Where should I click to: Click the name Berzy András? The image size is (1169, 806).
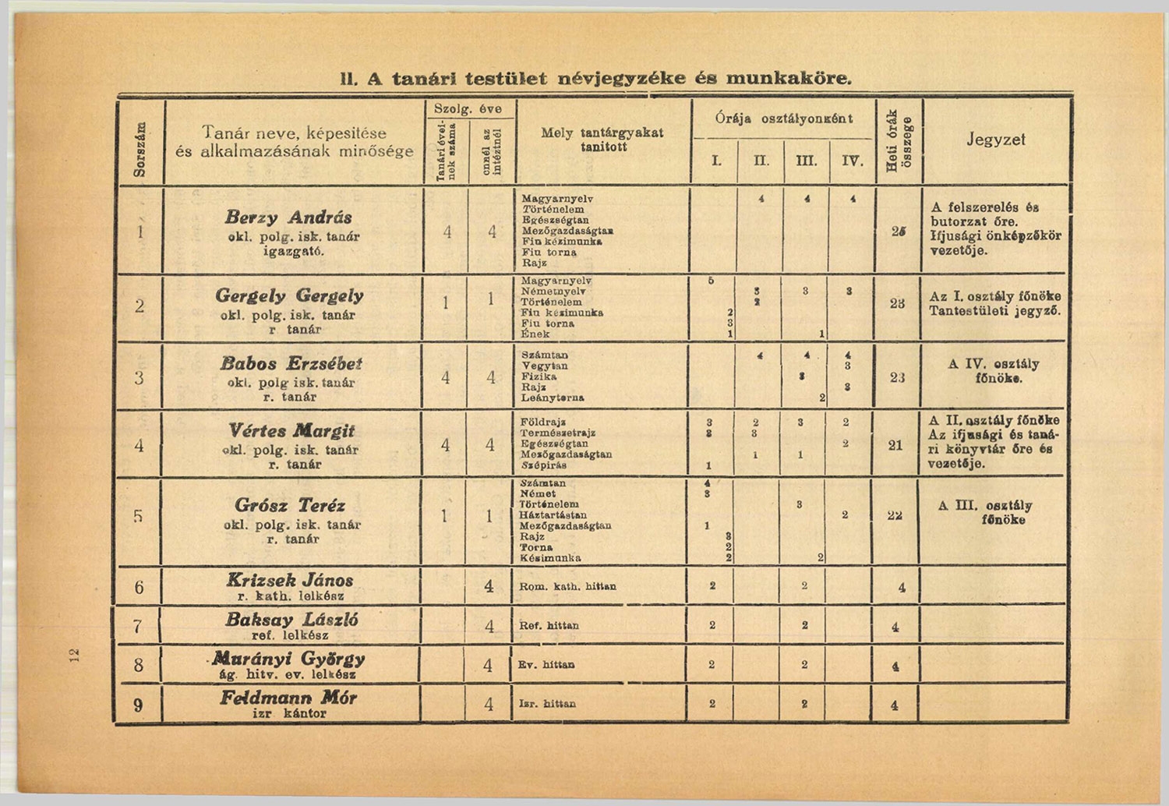[288, 217]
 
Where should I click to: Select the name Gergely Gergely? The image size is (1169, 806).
[289, 296]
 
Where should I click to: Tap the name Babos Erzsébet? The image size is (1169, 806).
[291, 364]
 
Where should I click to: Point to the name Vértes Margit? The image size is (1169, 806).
[291, 431]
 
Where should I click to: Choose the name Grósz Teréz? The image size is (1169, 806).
[290, 506]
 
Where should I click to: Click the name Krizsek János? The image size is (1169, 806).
[290, 580]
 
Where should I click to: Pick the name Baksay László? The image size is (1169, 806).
[291, 620]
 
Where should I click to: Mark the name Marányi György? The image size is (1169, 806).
[289, 658]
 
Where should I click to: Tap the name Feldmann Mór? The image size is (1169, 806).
[288, 698]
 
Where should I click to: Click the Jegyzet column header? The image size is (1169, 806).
[995, 140]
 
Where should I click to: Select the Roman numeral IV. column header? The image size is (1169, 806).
[853, 161]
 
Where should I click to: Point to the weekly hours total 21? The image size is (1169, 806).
[895, 445]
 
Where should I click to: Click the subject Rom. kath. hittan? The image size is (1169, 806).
[567, 586]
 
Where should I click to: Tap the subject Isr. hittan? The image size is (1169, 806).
[547, 704]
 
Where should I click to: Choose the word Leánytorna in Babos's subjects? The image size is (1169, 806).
[553, 398]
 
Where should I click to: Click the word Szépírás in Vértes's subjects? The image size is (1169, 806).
[543, 465]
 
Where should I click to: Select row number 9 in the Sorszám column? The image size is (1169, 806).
[138, 705]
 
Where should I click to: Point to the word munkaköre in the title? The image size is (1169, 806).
[789, 79]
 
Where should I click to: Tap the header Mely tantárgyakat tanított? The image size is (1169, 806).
[602, 140]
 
